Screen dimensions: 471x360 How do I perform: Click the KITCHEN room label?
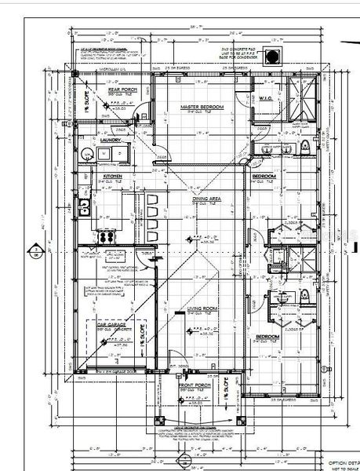[x=103, y=177]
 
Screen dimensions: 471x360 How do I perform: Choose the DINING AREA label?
[x=205, y=199]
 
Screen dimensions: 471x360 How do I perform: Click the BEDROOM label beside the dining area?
[x=264, y=177]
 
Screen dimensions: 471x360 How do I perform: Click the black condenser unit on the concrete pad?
[x=273, y=56]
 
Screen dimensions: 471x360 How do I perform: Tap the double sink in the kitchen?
[x=85, y=206]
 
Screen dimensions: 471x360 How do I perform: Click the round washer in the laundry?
[x=84, y=152]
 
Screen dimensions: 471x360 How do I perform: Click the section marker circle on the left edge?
[x=35, y=252]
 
